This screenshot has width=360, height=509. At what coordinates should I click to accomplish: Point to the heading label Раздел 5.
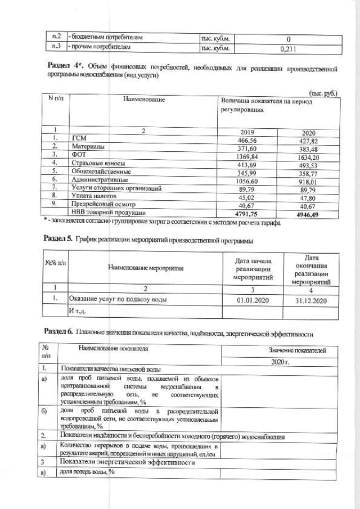[58, 238]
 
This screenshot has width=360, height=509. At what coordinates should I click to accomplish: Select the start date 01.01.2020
[253, 299]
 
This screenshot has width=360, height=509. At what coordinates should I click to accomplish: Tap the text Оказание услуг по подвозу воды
[117, 299]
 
